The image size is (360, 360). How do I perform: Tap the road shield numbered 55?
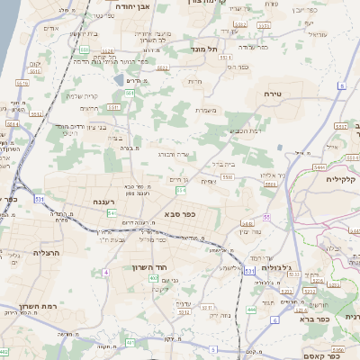[268, 218]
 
